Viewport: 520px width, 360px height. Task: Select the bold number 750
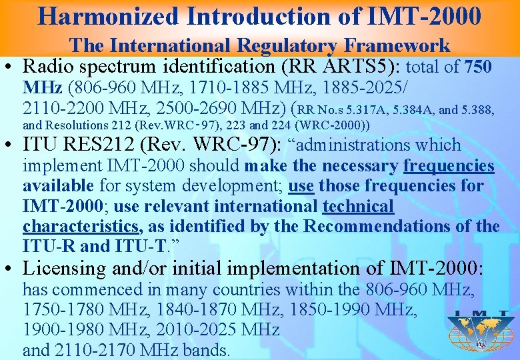tap(478, 67)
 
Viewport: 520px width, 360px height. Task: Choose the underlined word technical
tap(358, 206)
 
